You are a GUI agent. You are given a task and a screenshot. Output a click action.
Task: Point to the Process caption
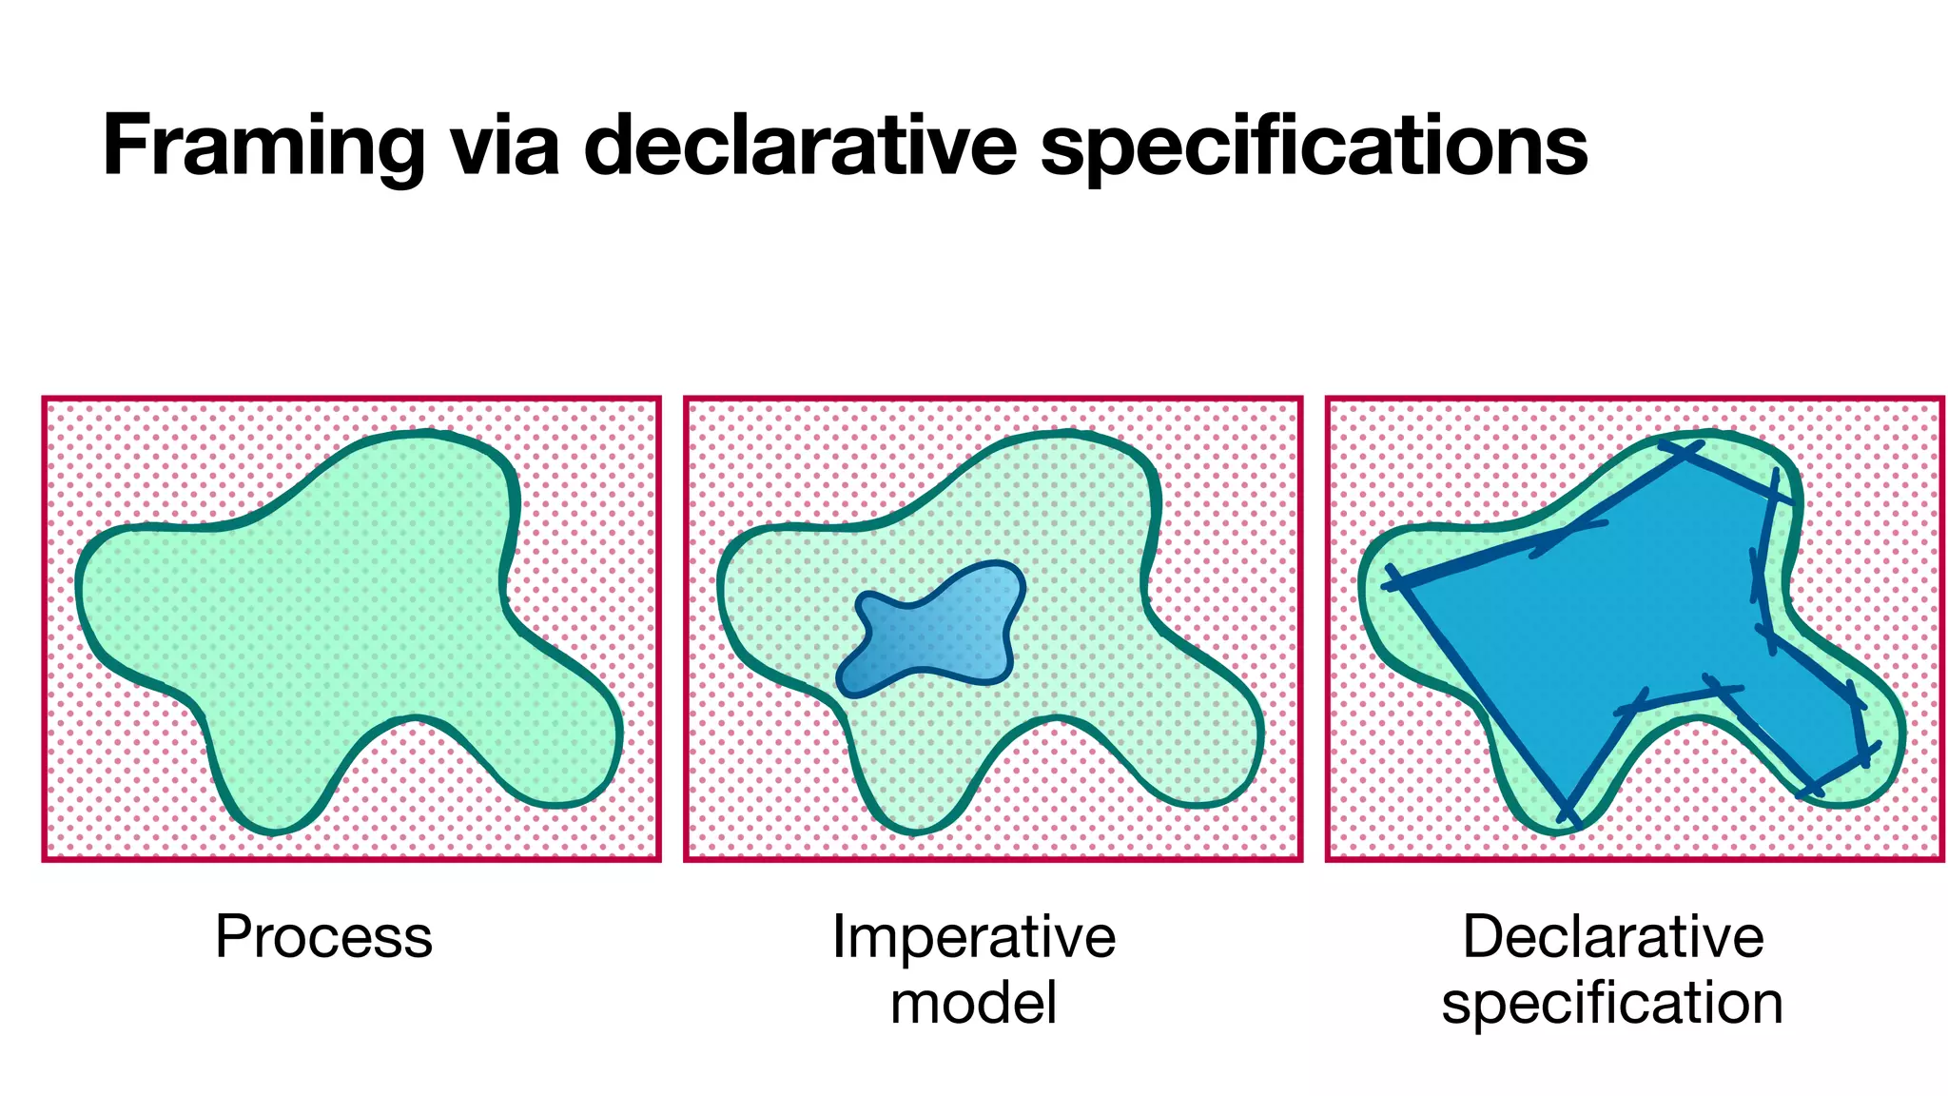point(323,937)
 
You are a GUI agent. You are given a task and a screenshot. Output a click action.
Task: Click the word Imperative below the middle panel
point(973,937)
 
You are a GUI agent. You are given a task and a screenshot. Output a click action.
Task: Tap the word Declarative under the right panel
point(1612,937)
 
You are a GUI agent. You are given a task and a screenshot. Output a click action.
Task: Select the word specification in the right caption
point(1612,1004)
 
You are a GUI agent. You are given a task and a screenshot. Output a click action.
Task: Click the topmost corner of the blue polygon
point(1686,450)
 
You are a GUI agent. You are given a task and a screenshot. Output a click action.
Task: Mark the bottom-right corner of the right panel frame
point(1940,858)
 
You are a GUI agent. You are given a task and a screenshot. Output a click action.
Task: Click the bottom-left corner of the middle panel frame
point(687,858)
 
